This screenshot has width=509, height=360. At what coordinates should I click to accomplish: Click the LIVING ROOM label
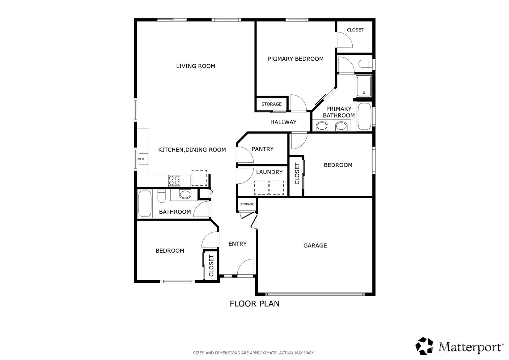click(195, 66)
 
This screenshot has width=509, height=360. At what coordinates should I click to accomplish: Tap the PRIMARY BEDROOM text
click(295, 59)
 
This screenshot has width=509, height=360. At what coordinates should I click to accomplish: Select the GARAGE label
click(315, 245)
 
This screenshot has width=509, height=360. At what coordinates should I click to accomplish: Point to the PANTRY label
click(262, 149)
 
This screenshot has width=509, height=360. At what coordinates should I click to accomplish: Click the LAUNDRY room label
click(269, 172)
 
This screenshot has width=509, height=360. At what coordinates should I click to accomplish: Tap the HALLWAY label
click(283, 122)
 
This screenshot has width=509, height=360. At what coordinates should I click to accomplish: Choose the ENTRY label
click(237, 244)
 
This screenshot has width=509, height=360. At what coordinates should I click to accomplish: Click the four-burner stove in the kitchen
click(174, 181)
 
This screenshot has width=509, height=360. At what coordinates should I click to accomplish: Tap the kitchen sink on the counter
click(143, 159)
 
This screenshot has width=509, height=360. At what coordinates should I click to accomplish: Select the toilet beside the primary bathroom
click(366, 64)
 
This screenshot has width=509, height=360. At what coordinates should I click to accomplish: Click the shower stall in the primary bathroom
click(364, 87)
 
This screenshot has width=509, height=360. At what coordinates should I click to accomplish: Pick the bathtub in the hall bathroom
click(145, 204)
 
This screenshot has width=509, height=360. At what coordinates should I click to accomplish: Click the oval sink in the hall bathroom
click(185, 194)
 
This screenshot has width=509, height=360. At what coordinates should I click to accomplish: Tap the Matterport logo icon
click(424, 346)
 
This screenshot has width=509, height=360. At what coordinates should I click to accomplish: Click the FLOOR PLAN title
click(255, 304)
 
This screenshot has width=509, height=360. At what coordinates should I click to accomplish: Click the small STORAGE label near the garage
click(247, 204)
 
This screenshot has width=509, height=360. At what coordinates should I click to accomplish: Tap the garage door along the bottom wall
click(315, 294)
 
